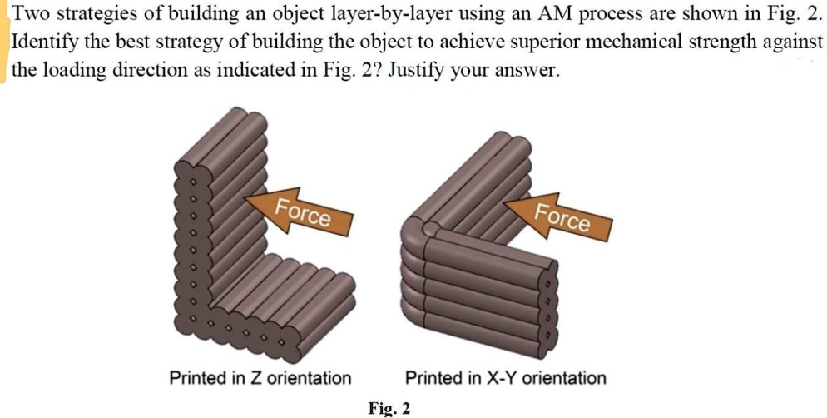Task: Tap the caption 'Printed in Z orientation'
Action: [x=260, y=378]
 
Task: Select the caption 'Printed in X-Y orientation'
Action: [x=506, y=378]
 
